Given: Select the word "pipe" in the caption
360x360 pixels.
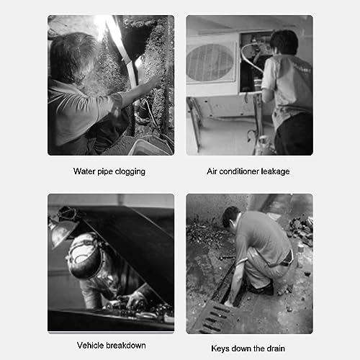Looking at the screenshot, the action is coord(105,172).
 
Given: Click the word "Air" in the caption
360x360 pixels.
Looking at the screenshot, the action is coord(212,171).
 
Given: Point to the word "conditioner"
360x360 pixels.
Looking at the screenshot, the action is coord(239,171).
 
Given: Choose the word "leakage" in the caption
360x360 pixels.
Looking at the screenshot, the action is coord(276,172).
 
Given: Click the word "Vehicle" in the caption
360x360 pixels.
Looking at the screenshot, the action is coord(91,346).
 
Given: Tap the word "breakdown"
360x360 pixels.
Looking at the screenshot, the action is coord(126,346).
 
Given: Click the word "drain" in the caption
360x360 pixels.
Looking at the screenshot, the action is coord(276,348).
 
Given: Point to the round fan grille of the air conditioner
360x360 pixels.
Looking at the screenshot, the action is coord(210,62).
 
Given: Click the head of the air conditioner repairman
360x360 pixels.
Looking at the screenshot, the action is coord(284,42).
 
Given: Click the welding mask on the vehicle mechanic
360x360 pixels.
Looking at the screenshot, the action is coord(84,257).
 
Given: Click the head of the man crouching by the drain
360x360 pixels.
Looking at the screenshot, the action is coord(230,217).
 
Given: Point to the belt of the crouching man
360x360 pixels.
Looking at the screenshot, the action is coord(287,258).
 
